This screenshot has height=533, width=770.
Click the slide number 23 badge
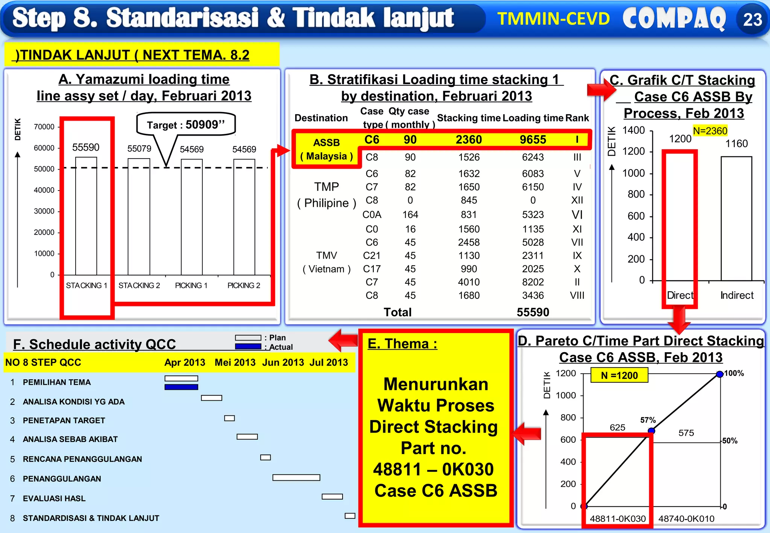pos(752,20)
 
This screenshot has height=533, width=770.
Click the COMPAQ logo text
pos(674,19)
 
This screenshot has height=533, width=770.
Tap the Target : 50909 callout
pos(186,124)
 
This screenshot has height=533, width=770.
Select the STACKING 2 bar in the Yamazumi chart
pos(139,217)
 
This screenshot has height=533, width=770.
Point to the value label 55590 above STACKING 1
pos(86,147)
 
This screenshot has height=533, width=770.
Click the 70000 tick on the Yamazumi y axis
pos(44,127)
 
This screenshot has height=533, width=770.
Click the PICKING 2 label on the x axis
pos(244,286)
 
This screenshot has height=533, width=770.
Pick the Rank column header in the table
pos(577,118)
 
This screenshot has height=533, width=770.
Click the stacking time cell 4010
pos(469,282)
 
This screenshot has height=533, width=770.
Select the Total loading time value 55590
pos(533,312)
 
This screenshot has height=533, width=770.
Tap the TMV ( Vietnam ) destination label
pos(326,262)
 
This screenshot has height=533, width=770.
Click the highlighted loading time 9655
pos(533,140)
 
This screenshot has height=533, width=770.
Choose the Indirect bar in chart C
pos(736,218)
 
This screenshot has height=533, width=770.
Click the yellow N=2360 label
pos(710,131)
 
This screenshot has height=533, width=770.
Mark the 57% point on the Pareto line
pos(651,431)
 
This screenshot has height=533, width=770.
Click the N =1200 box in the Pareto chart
pos(619,375)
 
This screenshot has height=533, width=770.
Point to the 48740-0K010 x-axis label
pos(686,519)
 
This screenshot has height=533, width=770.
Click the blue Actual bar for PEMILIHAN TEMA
pos(181,387)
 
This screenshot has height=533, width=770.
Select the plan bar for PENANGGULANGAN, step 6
pos(296,478)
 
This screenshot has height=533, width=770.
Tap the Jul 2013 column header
pos(329,362)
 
